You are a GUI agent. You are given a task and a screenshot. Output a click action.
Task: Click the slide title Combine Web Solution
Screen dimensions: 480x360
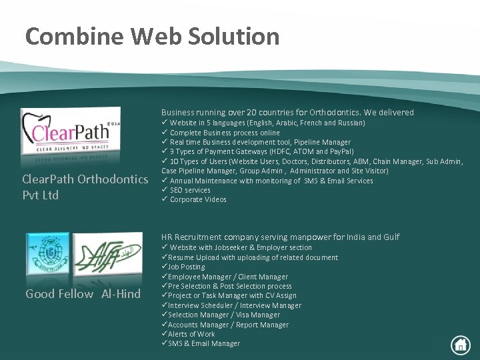[x=152, y=36]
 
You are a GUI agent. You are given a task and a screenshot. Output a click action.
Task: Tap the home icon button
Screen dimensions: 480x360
[x=460, y=344]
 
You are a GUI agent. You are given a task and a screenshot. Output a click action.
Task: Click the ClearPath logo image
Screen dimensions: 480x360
[x=71, y=134]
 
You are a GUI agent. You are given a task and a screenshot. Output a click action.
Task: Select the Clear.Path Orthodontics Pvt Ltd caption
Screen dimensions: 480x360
[x=85, y=187]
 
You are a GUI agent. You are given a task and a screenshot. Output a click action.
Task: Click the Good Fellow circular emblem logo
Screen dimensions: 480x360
[x=47, y=257]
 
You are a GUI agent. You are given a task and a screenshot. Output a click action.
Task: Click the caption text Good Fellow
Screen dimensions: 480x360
[x=59, y=294]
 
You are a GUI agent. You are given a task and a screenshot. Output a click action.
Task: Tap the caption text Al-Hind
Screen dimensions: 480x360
[x=121, y=294]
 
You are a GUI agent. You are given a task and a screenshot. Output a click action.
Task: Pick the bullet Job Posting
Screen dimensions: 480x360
[x=186, y=267]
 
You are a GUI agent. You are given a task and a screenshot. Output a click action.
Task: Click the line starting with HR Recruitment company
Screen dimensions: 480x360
[x=280, y=237]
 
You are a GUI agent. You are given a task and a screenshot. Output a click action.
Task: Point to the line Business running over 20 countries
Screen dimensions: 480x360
[x=287, y=112]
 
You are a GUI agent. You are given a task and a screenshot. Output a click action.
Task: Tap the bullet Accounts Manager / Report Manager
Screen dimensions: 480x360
[x=228, y=325]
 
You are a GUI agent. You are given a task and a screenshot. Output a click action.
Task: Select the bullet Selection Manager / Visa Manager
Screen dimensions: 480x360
[x=223, y=315]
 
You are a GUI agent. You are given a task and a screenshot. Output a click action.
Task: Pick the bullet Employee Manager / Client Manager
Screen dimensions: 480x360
[x=228, y=277]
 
